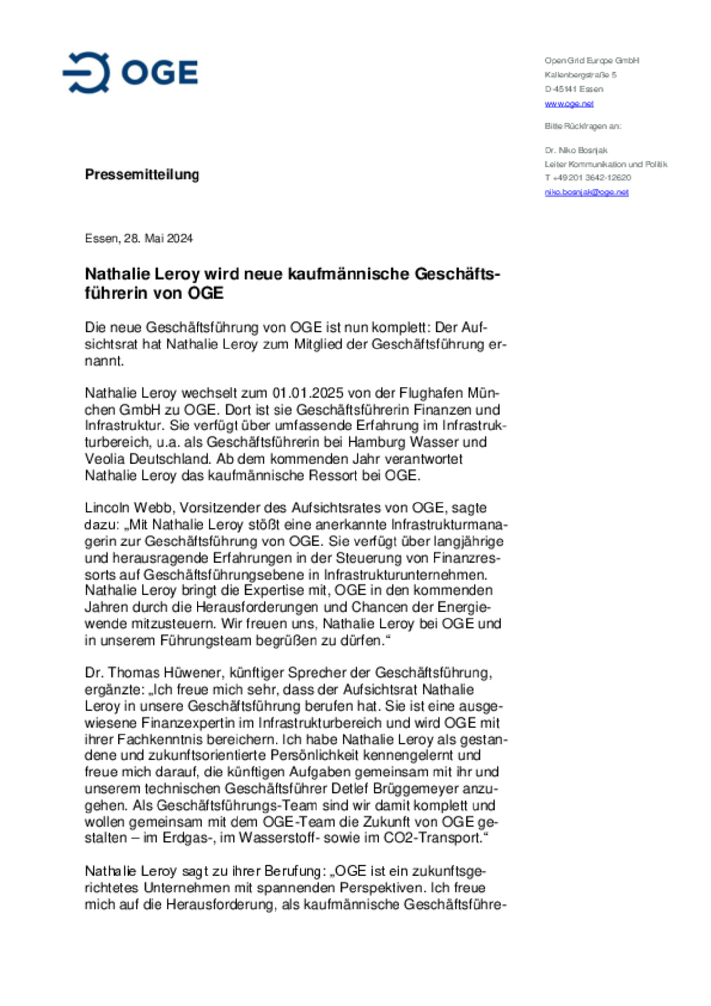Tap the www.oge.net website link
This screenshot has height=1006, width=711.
[569, 104]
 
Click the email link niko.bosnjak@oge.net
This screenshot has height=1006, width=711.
[586, 192]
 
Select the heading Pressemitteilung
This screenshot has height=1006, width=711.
[142, 174]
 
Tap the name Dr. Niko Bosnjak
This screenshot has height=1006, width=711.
[576, 150]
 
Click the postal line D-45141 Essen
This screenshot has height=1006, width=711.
[574, 89]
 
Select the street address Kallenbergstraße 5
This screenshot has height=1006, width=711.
[580, 75]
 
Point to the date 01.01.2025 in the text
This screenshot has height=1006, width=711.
[308, 393]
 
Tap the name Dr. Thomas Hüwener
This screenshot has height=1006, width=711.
[156, 673]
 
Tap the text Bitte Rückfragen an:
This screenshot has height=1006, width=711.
[583, 126]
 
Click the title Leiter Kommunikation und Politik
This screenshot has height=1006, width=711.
[606, 164]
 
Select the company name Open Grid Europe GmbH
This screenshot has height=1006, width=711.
[592, 61]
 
